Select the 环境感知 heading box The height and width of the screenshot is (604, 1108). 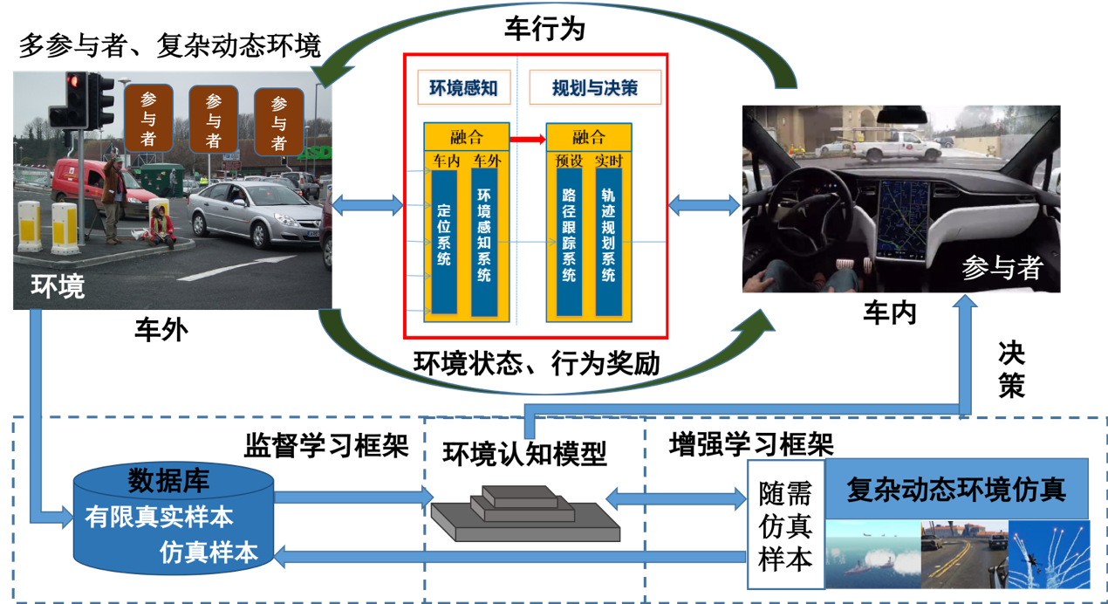[x=463, y=88]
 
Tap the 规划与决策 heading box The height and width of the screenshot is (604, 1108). [x=594, y=88]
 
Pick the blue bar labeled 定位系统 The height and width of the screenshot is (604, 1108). [x=444, y=241]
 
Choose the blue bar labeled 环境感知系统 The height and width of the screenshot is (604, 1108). [x=484, y=241]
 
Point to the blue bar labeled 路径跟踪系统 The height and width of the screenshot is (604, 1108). [x=569, y=241]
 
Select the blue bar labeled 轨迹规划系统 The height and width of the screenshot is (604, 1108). [x=609, y=241]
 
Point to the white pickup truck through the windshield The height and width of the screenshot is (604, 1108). [x=896, y=145]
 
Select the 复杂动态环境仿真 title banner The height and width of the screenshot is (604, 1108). [x=956, y=489]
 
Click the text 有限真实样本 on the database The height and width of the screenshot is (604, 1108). [x=159, y=517]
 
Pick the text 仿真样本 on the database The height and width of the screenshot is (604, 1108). [x=209, y=553]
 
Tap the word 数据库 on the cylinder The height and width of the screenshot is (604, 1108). [x=168, y=481]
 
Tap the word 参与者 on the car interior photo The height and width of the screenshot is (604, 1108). [x=1002, y=268]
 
